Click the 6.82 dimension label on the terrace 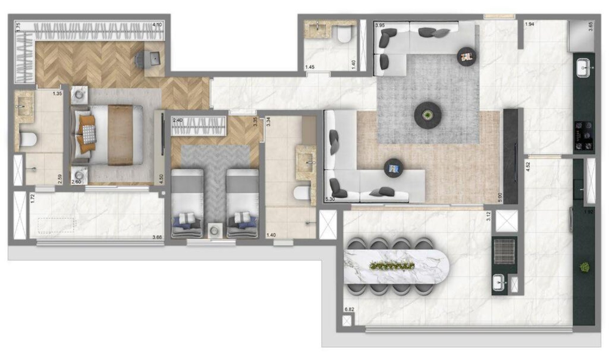pyautogui.click(x=349, y=309)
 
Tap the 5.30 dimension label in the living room pyautogui.click(x=330, y=199)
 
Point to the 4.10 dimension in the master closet pyautogui.click(x=157, y=25)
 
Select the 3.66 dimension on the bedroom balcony pyautogui.click(x=157, y=237)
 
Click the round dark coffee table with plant pyautogui.click(x=427, y=115)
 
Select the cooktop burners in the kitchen pyautogui.click(x=584, y=135)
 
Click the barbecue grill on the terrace pyautogui.click(x=505, y=250)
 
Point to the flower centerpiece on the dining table pyautogui.click(x=392, y=266)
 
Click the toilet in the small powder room pyautogui.click(x=344, y=35)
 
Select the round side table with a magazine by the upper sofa pyautogui.click(x=467, y=56)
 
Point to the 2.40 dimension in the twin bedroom pyautogui.click(x=178, y=120)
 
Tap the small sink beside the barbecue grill pyautogui.click(x=499, y=283)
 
